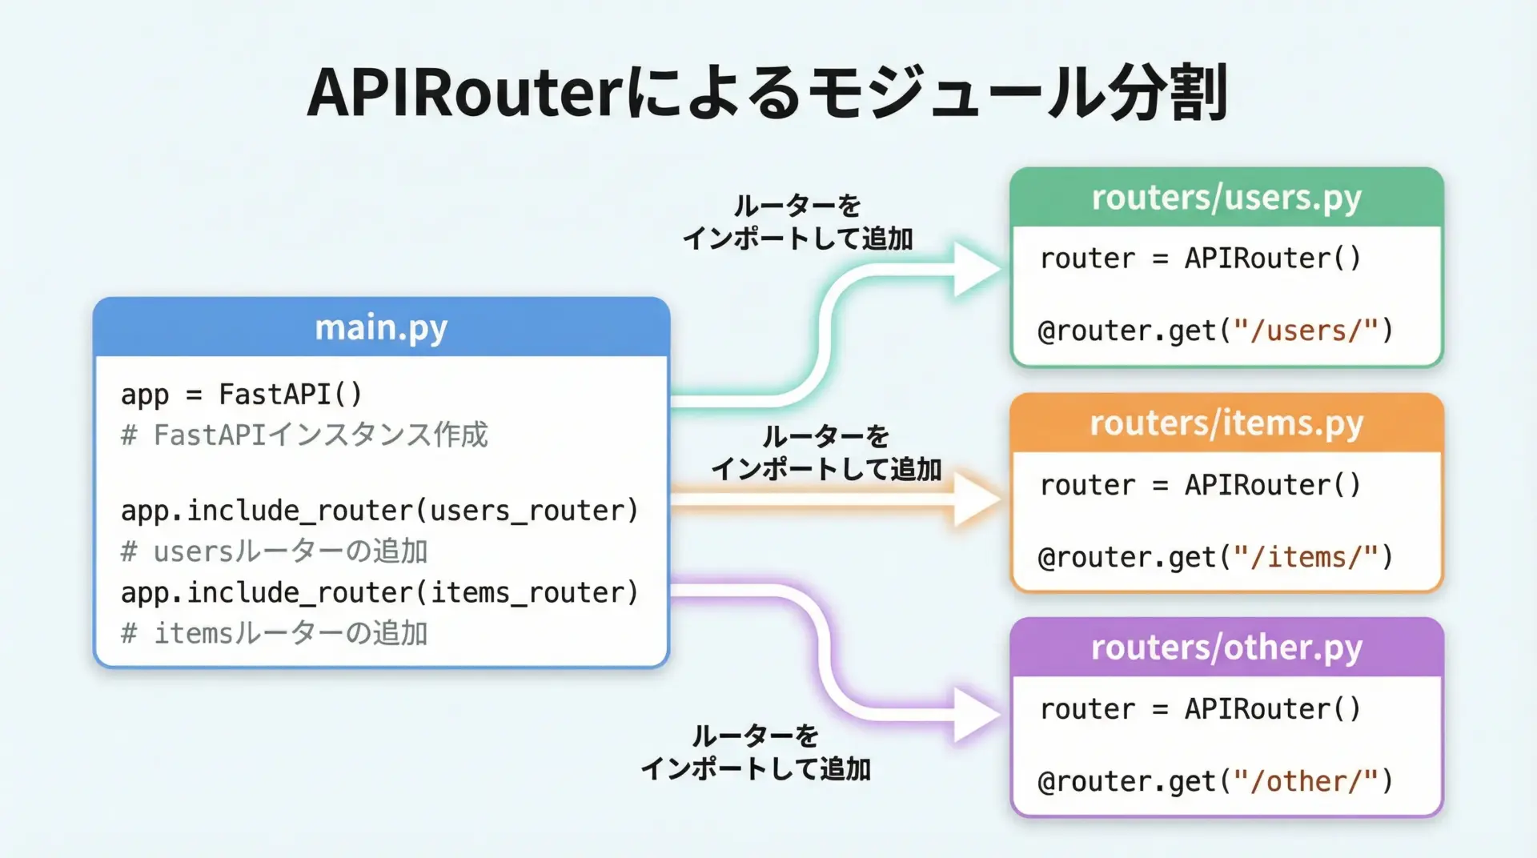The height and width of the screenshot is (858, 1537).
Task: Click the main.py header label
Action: (x=381, y=328)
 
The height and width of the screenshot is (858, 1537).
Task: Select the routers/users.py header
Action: (x=1226, y=198)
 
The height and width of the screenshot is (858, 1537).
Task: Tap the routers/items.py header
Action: (x=1226, y=423)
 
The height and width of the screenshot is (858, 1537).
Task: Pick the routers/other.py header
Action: (x=1226, y=648)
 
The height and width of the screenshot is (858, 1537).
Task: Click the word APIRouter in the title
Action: (x=464, y=94)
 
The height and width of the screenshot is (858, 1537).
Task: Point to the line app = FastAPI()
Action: (x=242, y=395)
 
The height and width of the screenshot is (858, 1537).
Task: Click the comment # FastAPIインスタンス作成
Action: (x=304, y=435)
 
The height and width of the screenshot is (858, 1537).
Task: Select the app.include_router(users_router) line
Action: (x=379, y=511)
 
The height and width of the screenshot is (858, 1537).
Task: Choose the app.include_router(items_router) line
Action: (x=379, y=593)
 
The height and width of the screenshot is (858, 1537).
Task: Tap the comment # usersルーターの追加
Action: (x=275, y=552)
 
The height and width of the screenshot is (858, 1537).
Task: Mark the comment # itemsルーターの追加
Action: (x=275, y=634)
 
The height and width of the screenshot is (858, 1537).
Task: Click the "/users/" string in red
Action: (x=1306, y=331)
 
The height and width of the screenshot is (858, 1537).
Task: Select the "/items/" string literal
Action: (x=1306, y=557)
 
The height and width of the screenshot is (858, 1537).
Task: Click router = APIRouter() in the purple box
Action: (x=1200, y=709)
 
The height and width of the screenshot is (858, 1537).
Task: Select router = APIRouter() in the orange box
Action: (x=1200, y=485)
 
